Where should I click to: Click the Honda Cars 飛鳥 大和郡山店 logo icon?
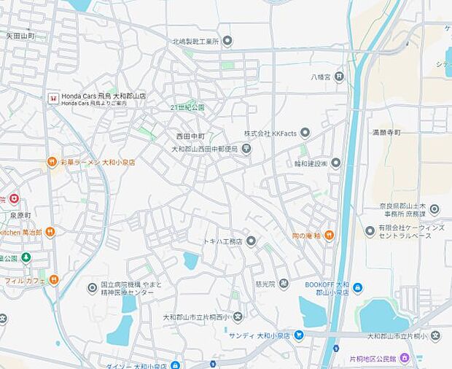pyautogui.click(x=52, y=97)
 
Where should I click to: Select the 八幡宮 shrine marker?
pyautogui.click(x=339, y=75)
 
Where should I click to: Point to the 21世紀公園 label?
pyautogui.click(x=188, y=107)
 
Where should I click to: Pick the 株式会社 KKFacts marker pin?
pyautogui.click(x=305, y=133)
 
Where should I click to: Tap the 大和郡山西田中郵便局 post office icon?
pyautogui.click(x=246, y=149)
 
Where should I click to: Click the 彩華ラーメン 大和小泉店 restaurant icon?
pyautogui.click(x=52, y=162)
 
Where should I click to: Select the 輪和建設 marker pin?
pyautogui.click(x=335, y=163)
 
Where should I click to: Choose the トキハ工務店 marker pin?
pyautogui.click(x=251, y=241)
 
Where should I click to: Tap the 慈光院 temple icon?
pyautogui.click(x=283, y=284)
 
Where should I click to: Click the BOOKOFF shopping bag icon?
pyautogui.click(x=358, y=287)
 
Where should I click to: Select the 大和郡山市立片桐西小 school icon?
pyautogui.click(x=238, y=316)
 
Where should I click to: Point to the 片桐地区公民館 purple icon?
pyautogui.click(x=405, y=359)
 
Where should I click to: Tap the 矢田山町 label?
pyautogui.click(x=20, y=35)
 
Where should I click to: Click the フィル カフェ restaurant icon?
pyautogui.click(x=54, y=279)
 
